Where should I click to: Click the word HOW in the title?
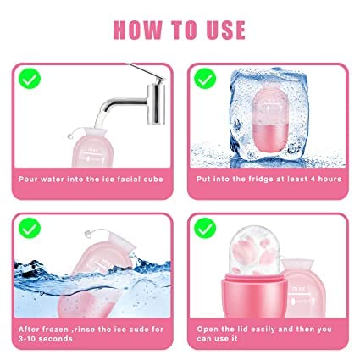(x=138, y=30)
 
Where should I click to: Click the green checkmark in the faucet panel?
(x=30, y=79)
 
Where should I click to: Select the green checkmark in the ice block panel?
(x=205, y=79)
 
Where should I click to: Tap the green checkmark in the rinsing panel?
(x=30, y=228)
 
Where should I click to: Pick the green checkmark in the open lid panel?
(x=205, y=228)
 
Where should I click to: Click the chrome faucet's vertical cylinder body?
(x=156, y=103)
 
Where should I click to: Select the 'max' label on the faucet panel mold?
(x=93, y=150)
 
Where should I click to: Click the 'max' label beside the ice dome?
(x=298, y=288)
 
